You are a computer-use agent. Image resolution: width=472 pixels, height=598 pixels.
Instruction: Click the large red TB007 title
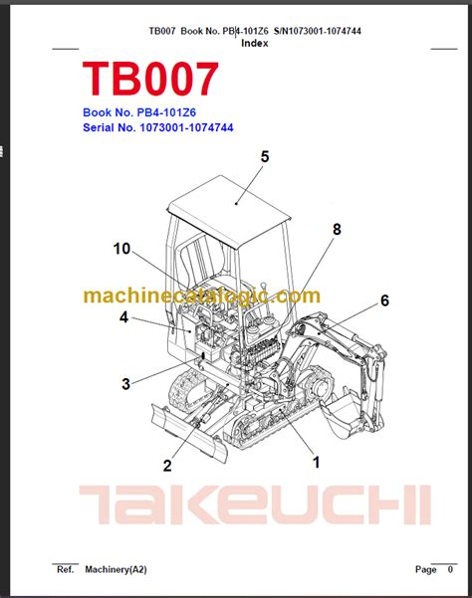point(150,79)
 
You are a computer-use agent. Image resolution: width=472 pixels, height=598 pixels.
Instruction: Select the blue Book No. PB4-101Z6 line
point(139,112)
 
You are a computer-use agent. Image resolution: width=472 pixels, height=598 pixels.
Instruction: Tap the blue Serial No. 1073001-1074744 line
point(158,127)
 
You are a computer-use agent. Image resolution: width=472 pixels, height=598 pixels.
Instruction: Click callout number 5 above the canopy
point(265,157)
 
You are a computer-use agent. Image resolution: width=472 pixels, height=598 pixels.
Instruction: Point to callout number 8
point(337,229)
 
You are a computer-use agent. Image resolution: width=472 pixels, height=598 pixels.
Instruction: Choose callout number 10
point(121,249)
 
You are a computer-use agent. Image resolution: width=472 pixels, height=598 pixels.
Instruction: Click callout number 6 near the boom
point(384,300)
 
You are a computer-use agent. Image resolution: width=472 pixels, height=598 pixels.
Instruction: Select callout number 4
point(123,317)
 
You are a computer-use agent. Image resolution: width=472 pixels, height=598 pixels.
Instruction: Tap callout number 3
point(125,384)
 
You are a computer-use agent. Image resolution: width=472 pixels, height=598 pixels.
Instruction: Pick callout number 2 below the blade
point(167,466)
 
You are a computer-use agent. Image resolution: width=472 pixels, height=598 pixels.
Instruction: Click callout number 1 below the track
point(316,463)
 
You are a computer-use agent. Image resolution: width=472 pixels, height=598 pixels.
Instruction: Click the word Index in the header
point(255,43)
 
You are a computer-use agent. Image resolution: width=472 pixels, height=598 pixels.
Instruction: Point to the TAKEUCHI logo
point(255,504)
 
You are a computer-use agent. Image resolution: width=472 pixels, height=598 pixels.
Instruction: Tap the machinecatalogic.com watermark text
point(201,296)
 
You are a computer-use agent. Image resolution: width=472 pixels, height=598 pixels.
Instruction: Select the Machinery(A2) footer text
point(116,569)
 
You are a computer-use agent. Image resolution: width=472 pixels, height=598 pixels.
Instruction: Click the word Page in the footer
point(426,570)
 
